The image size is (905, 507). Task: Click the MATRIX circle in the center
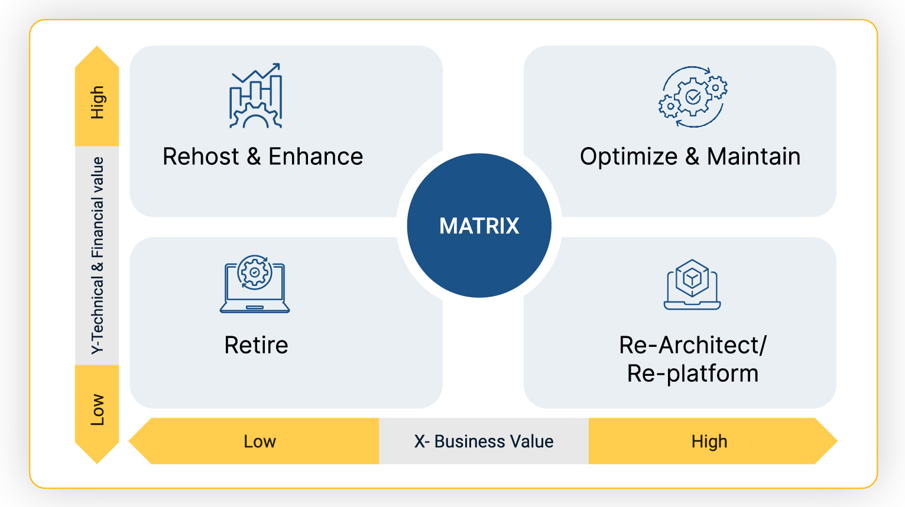pyautogui.click(x=479, y=226)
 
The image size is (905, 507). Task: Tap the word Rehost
pyautogui.click(x=200, y=157)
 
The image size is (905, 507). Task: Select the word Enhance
pyautogui.click(x=316, y=157)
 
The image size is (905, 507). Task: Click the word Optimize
pyautogui.click(x=628, y=157)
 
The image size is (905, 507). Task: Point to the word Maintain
pyautogui.click(x=754, y=157)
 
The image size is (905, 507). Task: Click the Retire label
pyautogui.click(x=256, y=345)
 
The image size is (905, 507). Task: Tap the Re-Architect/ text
pyautogui.click(x=692, y=345)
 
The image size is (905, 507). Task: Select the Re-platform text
pyautogui.click(x=692, y=373)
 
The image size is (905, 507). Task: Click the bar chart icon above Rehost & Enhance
pyautogui.click(x=256, y=96)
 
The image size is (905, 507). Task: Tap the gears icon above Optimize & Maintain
pyautogui.click(x=693, y=97)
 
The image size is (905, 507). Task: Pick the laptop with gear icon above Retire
pyautogui.click(x=255, y=284)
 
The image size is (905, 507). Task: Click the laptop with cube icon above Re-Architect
pyautogui.click(x=692, y=284)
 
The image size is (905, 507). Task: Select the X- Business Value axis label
pyautogui.click(x=484, y=441)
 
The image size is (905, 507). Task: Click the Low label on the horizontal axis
pyautogui.click(x=260, y=441)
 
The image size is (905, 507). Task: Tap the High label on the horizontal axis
pyautogui.click(x=709, y=441)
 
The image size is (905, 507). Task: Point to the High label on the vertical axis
pyautogui.click(x=98, y=102)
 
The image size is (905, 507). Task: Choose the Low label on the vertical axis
pyautogui.click(x=98, y=409)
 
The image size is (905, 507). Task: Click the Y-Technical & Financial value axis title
pyautogui.click(x=98, y=255)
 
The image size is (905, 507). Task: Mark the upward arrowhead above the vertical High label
pyautogui.click(x=97, y=57)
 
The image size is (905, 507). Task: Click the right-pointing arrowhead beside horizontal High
pyautogui.click(x=826, y=441)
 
